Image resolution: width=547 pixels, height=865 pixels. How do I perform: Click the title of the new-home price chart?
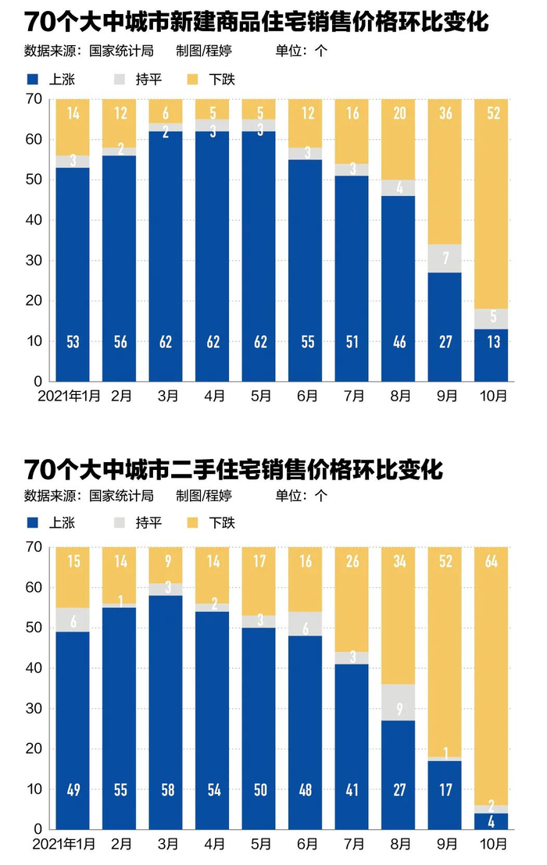pos(256,22)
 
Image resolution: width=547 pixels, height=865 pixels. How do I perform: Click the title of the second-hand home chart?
pos(233,470)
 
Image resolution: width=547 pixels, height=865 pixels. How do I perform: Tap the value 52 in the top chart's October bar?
pos(492,112)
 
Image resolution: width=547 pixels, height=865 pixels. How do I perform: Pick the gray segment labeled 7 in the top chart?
pos(446,258)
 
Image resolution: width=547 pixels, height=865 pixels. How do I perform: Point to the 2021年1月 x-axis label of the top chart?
pos(70,397)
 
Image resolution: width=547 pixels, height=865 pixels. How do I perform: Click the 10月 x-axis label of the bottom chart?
pos(492,845)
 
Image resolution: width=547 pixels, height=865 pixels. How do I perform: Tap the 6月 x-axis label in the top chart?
pos(306,397)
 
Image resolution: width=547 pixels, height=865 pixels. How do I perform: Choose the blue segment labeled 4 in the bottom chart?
pos(492,821)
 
